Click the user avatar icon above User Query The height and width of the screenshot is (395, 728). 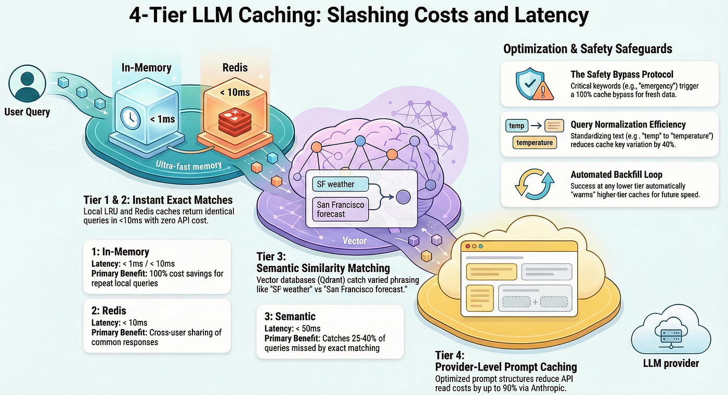pos(27,84)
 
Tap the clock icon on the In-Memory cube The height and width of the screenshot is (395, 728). pos(131,118)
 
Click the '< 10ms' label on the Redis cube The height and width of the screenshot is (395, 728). pos(235,92)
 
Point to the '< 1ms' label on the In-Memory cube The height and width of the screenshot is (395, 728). pos(162,119)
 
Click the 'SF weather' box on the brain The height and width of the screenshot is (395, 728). pos(340,184)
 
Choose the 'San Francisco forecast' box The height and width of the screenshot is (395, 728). pos(340,209)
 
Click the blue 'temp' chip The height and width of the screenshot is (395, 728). pos(517,126)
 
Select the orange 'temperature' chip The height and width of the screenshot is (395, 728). pos(535,142)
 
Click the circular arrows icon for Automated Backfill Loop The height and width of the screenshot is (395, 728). pos(535,184)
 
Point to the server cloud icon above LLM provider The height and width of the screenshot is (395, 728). pos(671,330)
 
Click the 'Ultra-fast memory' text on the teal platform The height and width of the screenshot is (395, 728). pos(188,166)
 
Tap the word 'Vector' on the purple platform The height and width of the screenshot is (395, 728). pos(355,241)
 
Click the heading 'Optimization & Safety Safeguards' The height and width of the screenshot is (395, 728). pos(588,49)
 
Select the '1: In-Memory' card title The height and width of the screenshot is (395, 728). pos(120,252)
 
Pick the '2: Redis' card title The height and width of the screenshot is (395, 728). pos(109,311)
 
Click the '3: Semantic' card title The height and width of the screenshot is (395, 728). pos(290,317)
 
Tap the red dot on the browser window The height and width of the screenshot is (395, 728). pos(467,247)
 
